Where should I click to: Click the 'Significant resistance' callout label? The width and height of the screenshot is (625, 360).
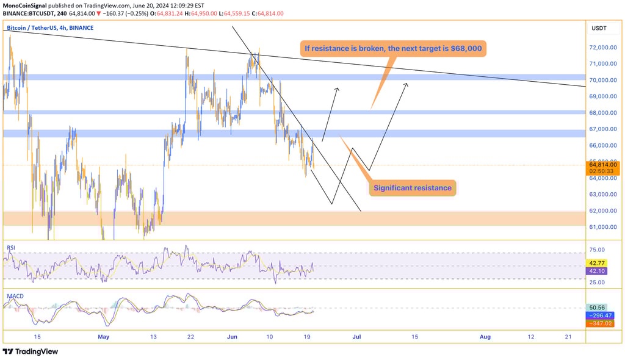click(x=412, y=188)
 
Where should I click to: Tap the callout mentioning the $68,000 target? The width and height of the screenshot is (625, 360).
click(x=396, y=48)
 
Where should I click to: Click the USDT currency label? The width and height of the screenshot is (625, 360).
click(x=599, y=28)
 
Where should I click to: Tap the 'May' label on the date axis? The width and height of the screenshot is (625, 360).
click(x=103, y=336)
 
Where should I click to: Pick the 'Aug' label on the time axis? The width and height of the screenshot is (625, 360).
click(x=485, y=336)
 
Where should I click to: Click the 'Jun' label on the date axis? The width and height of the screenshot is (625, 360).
click(x=232, y=336)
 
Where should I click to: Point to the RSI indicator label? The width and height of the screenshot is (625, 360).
click(x=11, y=247)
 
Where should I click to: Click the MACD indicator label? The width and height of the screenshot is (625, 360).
click(x=15, y=296)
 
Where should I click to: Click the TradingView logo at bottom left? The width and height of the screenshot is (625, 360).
click(x=31, y=351)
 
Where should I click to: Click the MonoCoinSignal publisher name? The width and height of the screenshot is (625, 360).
click(x=28, y=5)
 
